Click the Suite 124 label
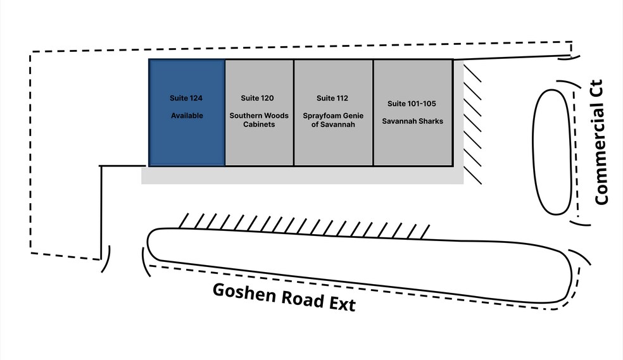click(x=186, y=98)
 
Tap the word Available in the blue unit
click(x=187, y=116)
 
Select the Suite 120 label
click(x=258, y=98)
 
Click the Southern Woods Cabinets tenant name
click(x=259, y=120)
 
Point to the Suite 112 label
click(x=332, y=98)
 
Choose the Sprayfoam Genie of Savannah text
click(x=332, y=120)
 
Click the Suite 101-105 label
click(x=412, y=103)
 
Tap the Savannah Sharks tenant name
click(x=412, y=121)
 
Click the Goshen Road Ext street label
click(x=284, y=297)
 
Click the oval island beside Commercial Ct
click(x=555, y=151)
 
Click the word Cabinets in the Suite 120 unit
click(x=259, y=125)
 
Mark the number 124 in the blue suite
click(x=196, y=98)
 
